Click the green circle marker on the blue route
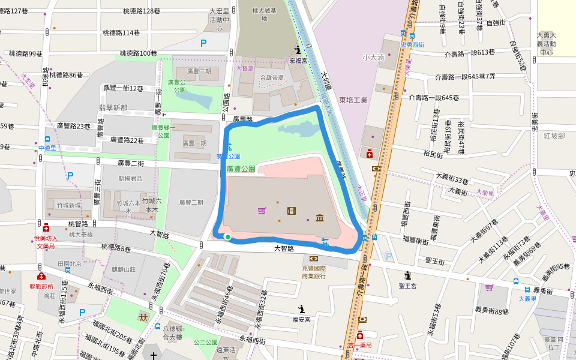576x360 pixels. click(x=228, y=238)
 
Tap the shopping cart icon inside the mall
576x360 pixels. click(x=262, y=211)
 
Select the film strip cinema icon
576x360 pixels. click(x=292, y=211)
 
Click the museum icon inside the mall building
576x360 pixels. click(x=319, y=217)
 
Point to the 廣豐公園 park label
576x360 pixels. click(x=241, y=169)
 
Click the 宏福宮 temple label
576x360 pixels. click(x=298, y=61)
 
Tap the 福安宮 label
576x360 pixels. click(x=301, y=320)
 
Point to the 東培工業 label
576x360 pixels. click(x=353, y=100)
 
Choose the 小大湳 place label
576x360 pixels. click(x=373, y=58)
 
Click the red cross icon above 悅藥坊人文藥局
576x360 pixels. click(x=46, y=228)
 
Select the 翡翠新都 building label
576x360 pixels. click(x=113, y=107)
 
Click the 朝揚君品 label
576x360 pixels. click(x=130, y=179)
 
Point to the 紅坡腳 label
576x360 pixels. click(x=554, y=136)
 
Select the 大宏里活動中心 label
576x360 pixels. click(x=219, y=19)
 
